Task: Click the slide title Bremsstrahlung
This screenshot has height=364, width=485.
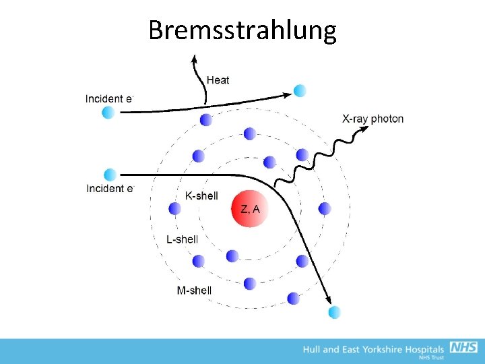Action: (242, 30)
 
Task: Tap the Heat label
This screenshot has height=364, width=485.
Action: (218, 80)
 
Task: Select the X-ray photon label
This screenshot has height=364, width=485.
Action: (373, 119)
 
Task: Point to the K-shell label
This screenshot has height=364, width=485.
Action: (201, 195)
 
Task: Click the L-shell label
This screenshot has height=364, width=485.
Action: (183, 239)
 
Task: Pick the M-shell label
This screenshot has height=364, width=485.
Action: (194, 291)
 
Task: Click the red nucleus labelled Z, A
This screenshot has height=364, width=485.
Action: (250, 208)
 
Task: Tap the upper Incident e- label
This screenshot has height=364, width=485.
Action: (110, 98)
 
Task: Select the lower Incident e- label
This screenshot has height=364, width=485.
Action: (110, 189)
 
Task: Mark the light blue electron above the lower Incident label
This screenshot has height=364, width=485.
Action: (110, 175)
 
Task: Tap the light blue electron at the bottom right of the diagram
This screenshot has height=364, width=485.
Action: (335, 311)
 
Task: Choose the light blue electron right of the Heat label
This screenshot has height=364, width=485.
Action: (300, 90)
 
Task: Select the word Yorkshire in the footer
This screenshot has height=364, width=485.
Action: (389, 349)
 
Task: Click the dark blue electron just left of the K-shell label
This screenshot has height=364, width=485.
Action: (175, 208)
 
